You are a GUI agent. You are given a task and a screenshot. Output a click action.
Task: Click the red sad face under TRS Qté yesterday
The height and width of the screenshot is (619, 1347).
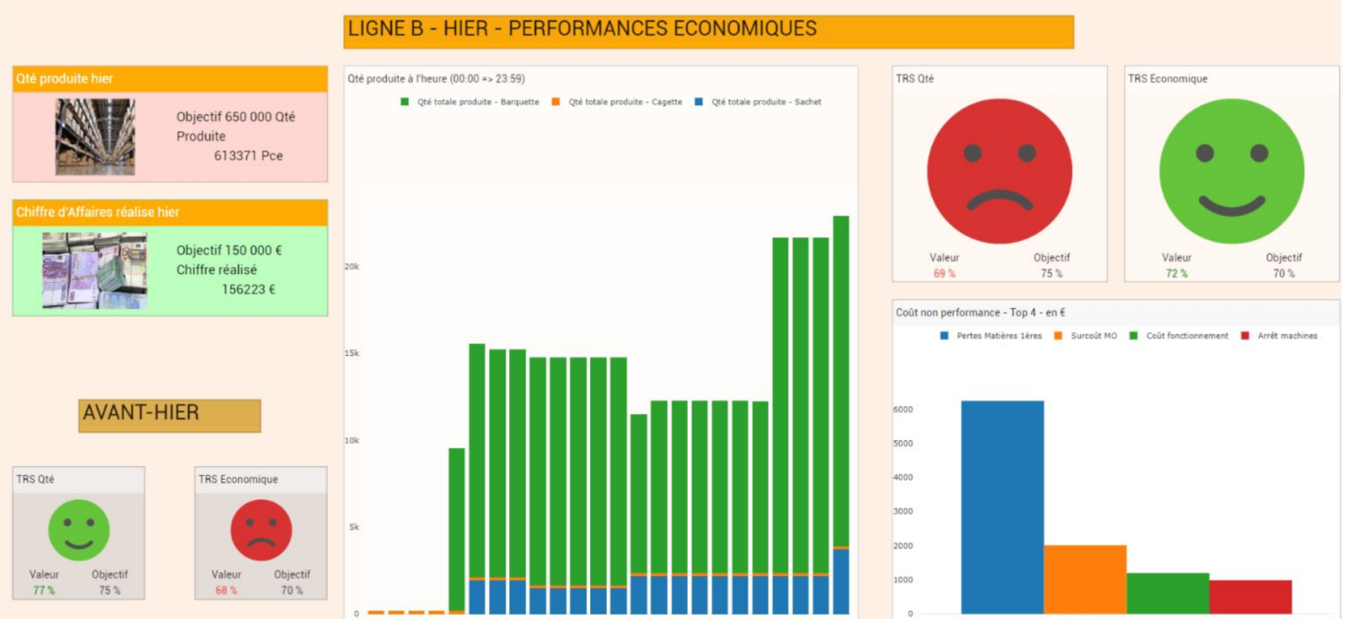pyautogui.click(x=999, y=171)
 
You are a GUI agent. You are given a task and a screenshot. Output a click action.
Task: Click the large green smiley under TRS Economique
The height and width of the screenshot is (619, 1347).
pyautogui.click(x=1232, y=171)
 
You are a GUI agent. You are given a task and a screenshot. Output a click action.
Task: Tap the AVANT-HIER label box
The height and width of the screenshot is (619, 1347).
pyautogui.click(x=169, y=415)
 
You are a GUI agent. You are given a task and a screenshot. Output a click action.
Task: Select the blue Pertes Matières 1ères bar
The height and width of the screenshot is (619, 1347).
pyautogui.click(x=1002, y=507)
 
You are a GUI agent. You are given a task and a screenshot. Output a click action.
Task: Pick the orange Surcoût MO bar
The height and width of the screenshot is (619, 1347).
pyautogui.click(x=1085, y=579)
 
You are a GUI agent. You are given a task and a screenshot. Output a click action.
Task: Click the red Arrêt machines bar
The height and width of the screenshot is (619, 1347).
pyautogui.click(x=1250, y=597)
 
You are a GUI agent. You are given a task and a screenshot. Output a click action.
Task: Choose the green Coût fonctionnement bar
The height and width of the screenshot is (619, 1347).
pyautogui.click(x=1167, y=593)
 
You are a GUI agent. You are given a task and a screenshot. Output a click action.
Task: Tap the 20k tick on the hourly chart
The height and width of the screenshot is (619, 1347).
pyautogui.click(x=352, y=267)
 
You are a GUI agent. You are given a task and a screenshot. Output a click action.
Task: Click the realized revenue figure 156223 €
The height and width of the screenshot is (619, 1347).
pyautogui.click(x=248, y=289)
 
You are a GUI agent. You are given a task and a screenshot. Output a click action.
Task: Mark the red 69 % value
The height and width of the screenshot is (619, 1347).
pyautogui.click(x=944, y=273)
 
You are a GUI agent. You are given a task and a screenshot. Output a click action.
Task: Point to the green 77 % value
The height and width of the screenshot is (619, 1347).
pyautogui.click(x=44, y=590)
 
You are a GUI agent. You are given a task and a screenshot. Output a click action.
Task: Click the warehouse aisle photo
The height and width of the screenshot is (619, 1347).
pyautogui.click(x=95, y=137)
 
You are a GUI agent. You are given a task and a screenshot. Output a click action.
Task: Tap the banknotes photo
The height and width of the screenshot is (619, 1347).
pyautogui.click(x=94, y=270)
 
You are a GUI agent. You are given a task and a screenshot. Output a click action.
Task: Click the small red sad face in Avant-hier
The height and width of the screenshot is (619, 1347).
pyautogui.click(x=261, y=530)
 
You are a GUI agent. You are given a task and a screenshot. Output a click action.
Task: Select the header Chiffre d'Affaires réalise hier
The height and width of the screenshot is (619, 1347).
pyautogui.click(x=98, y=213)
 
